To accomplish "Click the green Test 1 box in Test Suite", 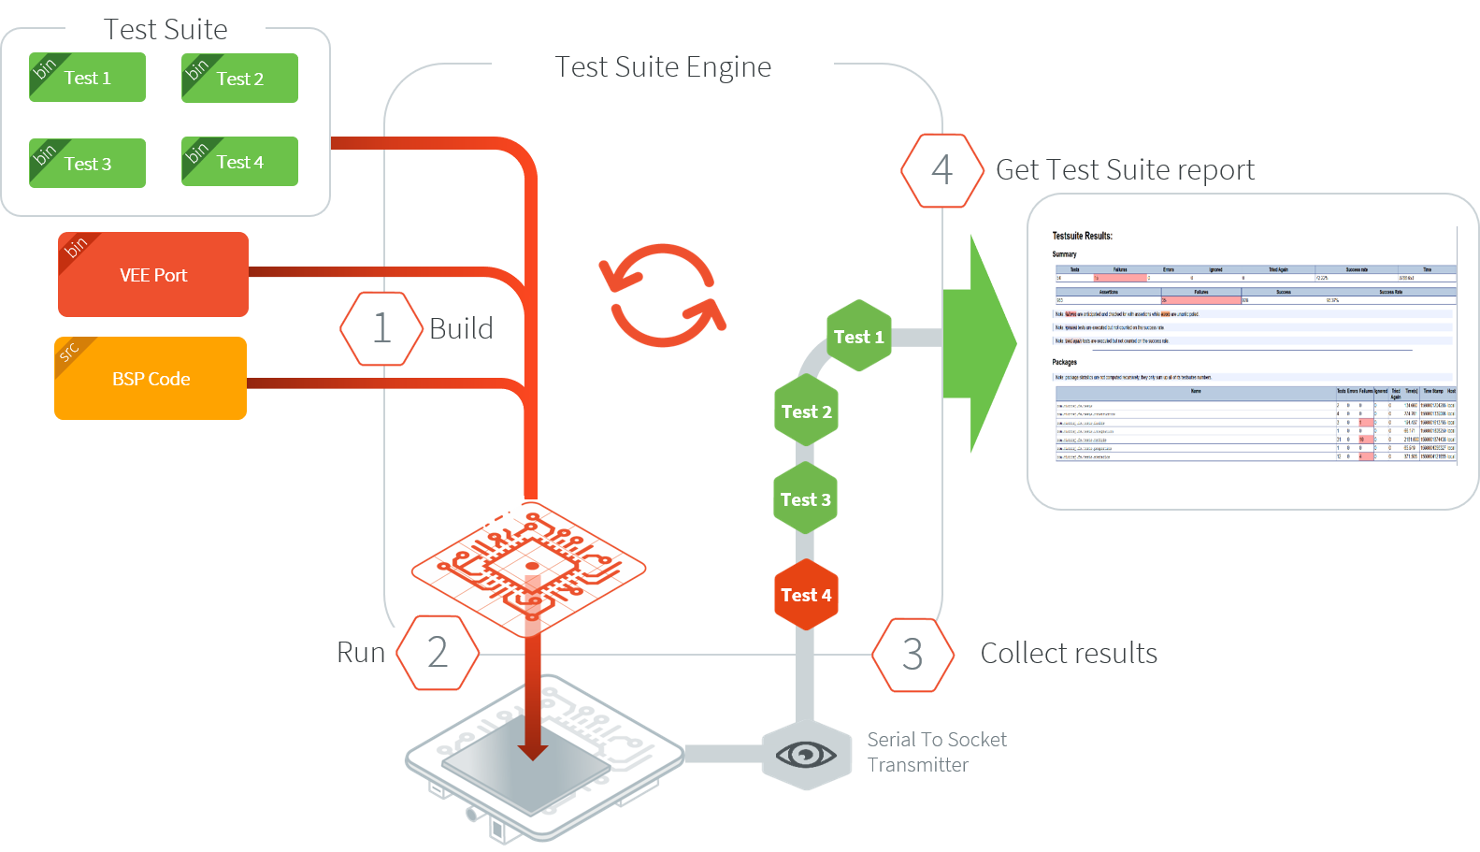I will click(87, 78).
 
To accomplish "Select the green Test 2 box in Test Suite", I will click(239, 79).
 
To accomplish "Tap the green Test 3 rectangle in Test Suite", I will click(87, 164).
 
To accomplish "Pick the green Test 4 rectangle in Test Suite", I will click(239, 163).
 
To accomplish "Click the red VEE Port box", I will click(153, 275).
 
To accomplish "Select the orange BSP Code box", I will click(151, 379).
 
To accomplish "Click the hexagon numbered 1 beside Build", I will click(381, 328).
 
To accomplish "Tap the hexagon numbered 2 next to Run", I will click(438, 653).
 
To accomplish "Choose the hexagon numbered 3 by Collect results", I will click(912, 654).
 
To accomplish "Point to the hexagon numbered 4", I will click(941, 170).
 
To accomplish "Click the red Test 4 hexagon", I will click(806, 595).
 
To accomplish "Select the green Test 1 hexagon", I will click(858, 337).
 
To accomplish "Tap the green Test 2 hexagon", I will click(806, 412).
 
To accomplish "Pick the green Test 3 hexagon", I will click(805, 499).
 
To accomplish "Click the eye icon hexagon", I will click(806, 754).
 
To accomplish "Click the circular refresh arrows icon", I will click(662, 296).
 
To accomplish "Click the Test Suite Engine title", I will click(663, 66).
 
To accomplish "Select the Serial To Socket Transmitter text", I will click(936, 752).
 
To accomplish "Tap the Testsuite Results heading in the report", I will click(1082, 236).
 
